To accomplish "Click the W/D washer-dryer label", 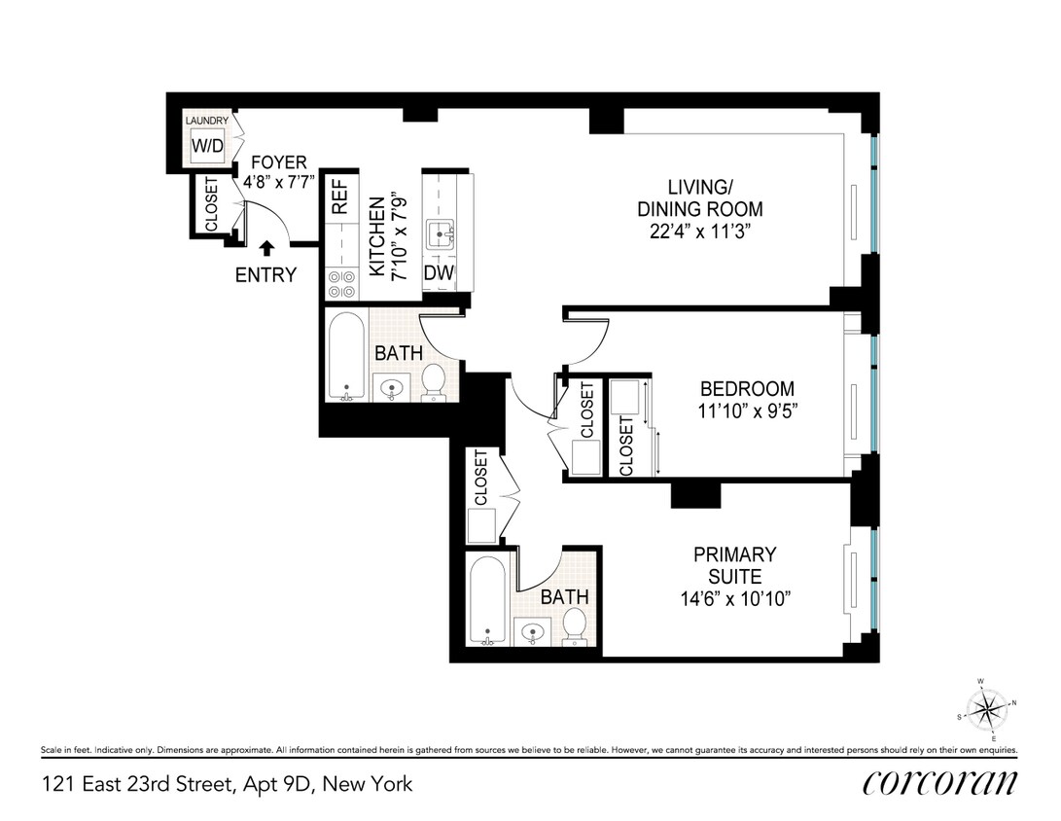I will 206,147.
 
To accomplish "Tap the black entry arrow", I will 266,249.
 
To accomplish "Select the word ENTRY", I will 265,275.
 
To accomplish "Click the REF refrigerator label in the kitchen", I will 339,197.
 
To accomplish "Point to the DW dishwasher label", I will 439,273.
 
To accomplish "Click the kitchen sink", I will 446,232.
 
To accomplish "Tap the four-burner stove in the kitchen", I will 340,283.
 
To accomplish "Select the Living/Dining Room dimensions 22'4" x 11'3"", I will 699,232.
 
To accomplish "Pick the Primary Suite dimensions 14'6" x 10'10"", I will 734,598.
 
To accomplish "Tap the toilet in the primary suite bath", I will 575,626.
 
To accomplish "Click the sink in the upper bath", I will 392,387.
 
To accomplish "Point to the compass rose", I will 988,707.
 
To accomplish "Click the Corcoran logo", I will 939,783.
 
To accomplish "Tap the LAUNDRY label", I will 207,121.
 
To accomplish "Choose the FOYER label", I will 278,162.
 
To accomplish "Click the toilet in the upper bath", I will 434,382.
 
